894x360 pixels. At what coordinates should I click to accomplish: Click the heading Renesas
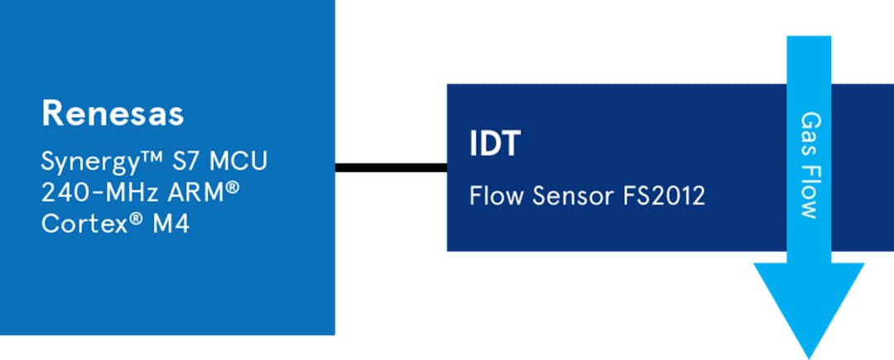point(113,114)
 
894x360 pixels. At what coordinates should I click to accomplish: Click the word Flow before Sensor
point(495,198)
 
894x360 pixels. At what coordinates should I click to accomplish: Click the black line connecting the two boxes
point(390,168)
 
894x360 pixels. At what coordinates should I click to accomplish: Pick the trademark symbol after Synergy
point(137,156)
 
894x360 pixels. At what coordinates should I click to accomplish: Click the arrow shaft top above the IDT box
point(808,58)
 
